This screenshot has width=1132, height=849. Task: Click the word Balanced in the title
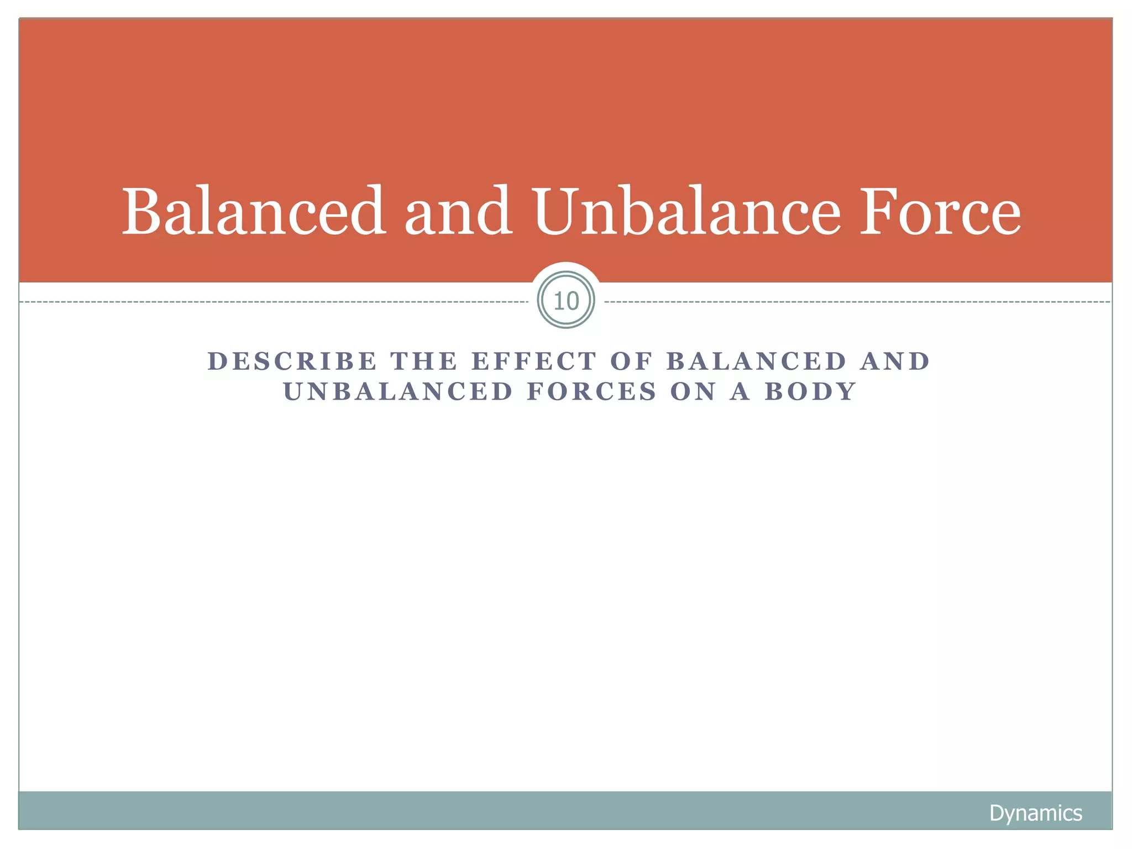254,212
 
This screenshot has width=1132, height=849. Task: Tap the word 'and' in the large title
458,212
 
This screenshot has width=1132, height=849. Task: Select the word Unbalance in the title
687,212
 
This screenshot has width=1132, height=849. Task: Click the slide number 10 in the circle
566,301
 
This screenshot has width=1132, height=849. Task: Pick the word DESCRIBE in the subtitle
292,361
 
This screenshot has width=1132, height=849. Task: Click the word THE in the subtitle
424,361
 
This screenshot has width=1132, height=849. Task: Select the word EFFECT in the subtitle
534,361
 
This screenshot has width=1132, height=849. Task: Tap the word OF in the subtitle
631,361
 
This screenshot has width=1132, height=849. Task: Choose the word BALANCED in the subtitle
757,361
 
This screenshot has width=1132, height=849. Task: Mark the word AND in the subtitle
895,361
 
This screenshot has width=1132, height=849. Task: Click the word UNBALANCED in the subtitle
398,392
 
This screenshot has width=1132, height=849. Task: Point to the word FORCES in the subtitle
592,392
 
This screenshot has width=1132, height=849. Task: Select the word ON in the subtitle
693,392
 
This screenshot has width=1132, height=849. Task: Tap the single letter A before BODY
740,392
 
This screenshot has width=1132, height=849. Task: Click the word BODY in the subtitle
810,392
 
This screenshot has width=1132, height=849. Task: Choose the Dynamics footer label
1035,813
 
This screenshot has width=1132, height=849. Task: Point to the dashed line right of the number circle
857,302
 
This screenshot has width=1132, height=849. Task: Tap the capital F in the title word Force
877,212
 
